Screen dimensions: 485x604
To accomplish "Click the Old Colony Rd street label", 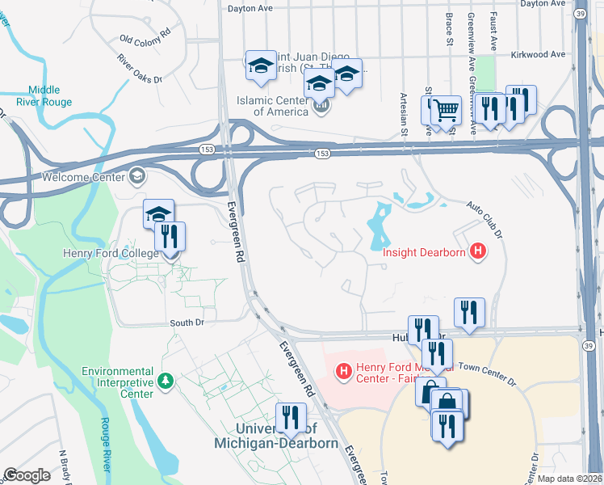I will (x=145, y=36).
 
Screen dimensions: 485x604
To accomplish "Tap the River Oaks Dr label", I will (x=139, y=70).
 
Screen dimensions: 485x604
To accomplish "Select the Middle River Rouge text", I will (x=50, y=96).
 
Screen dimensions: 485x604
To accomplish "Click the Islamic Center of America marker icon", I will (x=321, y=105).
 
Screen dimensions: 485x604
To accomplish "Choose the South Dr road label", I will (x=187, y=323).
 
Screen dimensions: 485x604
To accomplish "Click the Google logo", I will (x=27, y=475).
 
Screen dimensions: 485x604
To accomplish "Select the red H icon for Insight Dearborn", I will (x=479, y=252).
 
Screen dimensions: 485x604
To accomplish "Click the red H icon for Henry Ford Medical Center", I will (x=344, y=371).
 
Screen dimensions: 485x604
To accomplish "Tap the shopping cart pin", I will (x=445, y=111).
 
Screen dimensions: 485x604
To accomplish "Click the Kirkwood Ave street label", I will (x=538, y=55).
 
